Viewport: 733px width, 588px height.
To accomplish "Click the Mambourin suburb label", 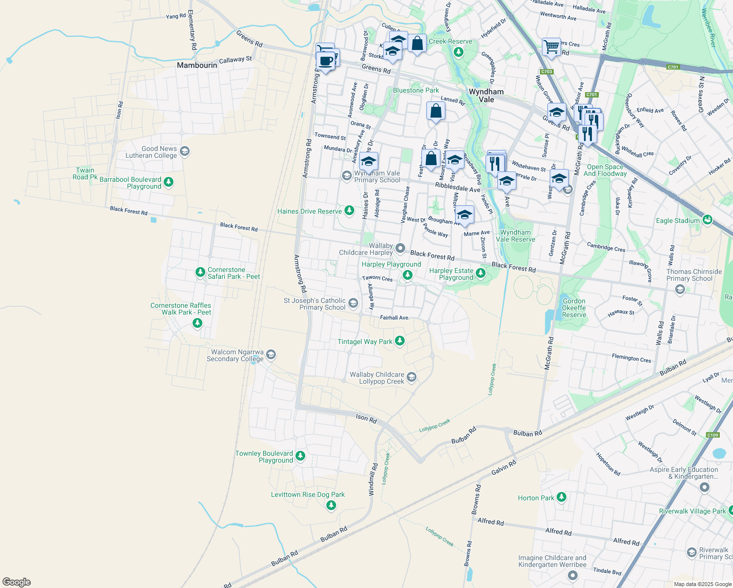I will click(x=197, y=65).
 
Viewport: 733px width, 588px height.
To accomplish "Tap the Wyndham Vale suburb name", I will click(x=486, y=96).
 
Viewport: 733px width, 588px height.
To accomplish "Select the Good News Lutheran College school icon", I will click(x=185, y=151).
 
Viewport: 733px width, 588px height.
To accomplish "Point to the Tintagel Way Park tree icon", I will click(x=400, y=341).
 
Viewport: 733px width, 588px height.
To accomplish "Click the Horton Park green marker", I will click(x=562, y=497).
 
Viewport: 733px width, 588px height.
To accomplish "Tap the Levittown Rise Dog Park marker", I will click(x=331, y=505).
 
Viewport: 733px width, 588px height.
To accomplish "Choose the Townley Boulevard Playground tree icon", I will click(x=300, y=456).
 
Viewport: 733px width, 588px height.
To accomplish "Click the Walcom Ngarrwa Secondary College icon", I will click(x=271, y=355).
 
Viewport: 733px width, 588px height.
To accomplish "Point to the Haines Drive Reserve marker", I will click(x=349, y=211).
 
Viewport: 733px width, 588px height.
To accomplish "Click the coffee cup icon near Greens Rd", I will click(x=325, y=61).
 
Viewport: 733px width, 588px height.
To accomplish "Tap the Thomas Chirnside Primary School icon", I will click(x=680, y=289).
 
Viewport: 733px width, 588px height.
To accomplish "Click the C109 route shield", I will click(x=712, y=435).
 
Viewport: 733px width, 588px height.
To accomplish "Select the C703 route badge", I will click(x=547, y=72).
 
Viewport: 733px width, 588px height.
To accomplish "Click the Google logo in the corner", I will click(x=17, y=582).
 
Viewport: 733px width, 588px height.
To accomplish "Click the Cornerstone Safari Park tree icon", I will click(x=200, y=272).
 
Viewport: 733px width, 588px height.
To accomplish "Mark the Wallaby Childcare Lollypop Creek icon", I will click(x=412, y=377).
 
